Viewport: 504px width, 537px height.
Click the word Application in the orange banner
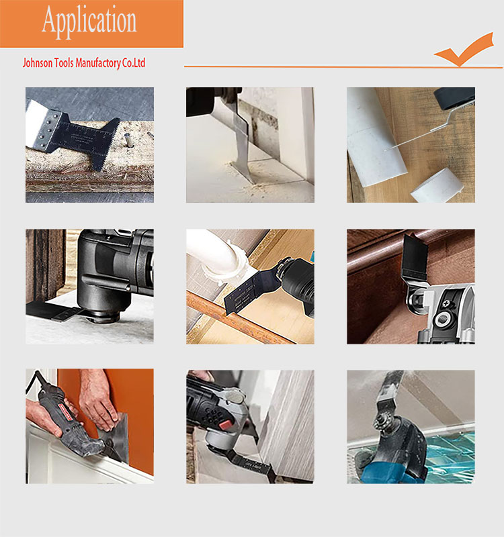click(x=89, y=21)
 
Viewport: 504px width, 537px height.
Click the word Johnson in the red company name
click(x=38, y=63)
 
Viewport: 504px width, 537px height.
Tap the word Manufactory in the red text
click(x=97, y=63)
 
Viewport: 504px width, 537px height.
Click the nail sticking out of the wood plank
click(x=128, y=140)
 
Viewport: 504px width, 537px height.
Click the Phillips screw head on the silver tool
click(x=447, y=303)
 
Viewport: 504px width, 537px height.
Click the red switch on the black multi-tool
click(x=226, y=425)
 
